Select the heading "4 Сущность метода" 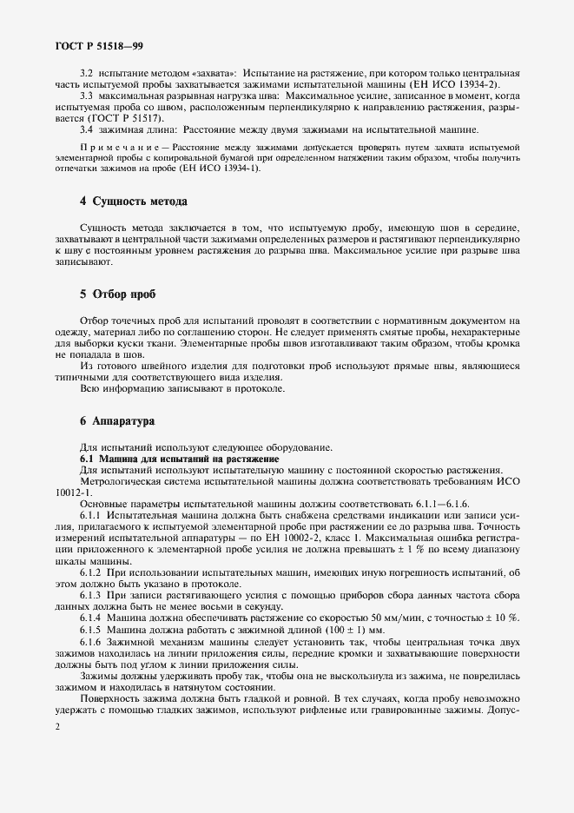tap(133, 202)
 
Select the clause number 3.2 tap(86, 76)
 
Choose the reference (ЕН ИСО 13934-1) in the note tap(223, 168)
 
